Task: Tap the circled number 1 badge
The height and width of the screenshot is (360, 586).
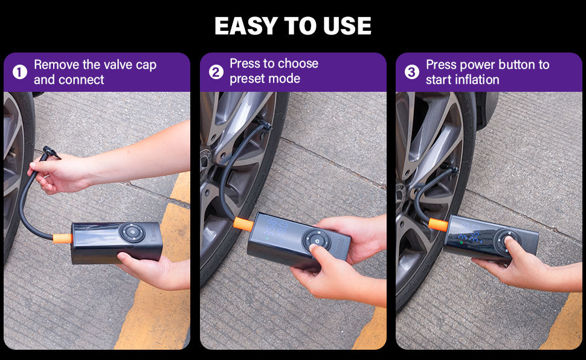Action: coord(20,72)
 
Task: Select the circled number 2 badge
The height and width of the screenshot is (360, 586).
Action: coord(216,72)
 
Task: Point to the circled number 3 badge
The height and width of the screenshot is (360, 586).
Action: coord(412,72)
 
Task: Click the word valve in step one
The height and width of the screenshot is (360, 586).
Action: coord(118,65)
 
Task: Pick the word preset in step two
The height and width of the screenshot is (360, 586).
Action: coord(247,79)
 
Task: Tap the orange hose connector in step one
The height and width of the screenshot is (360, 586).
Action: coord(62,238)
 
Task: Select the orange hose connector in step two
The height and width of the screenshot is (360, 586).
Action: coord(243,223)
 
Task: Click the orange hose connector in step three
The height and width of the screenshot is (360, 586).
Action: coord(438,224)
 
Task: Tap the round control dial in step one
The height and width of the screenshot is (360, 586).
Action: coord(132,233)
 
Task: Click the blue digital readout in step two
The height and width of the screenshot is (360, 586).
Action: coord(277,228)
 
